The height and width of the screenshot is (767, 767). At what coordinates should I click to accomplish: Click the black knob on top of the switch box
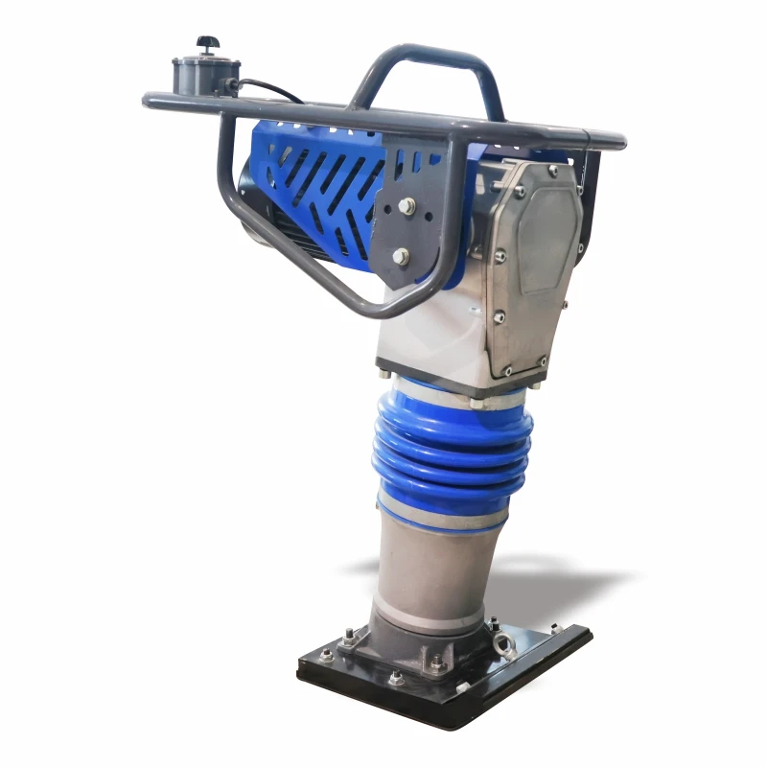(x=204, y=43)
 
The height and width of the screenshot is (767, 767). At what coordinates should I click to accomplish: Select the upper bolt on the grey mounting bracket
(x=407, y=205)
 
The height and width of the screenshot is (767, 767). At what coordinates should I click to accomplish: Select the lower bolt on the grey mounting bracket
(x=401, y=256)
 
